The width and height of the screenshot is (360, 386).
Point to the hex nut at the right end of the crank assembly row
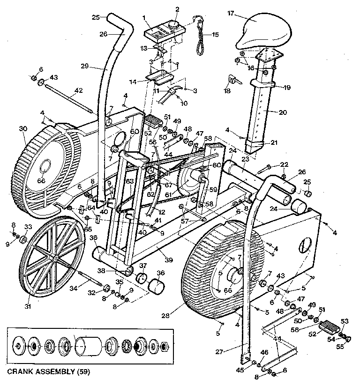(165, 348)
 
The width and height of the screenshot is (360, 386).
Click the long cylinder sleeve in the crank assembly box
(88, 348)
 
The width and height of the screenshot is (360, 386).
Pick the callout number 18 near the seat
(227, 91)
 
